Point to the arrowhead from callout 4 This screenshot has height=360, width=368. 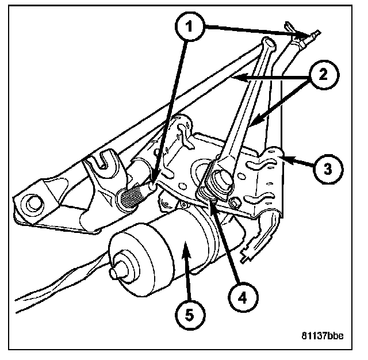[x=210, y=199]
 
